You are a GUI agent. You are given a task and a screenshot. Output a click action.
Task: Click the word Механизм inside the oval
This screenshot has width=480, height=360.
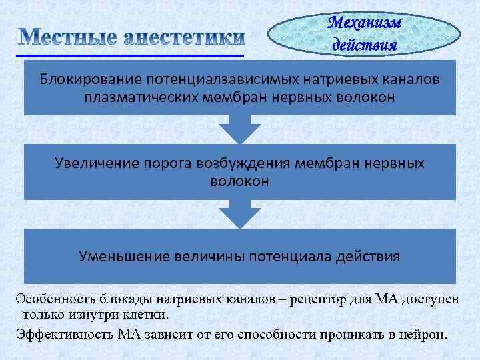coord(365,23)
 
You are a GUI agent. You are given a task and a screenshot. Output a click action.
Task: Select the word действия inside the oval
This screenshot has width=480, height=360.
coord(365,45)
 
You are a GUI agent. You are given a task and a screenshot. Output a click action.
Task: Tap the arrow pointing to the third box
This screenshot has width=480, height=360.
coord(240,215)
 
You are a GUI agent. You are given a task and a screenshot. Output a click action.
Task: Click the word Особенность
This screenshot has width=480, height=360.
coord(54,299)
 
